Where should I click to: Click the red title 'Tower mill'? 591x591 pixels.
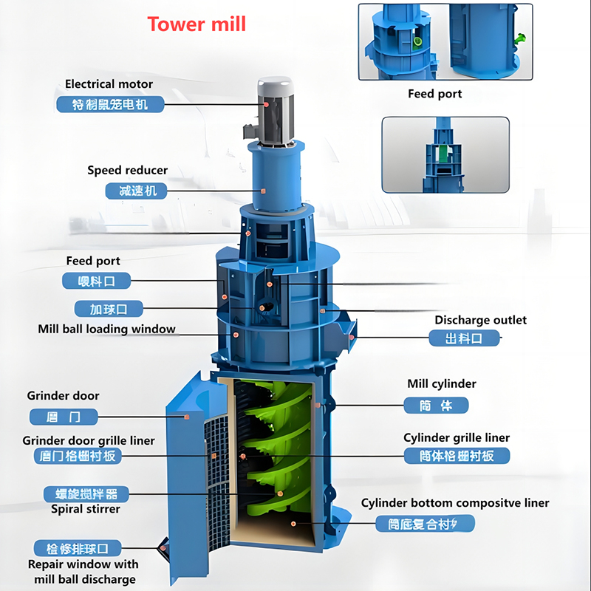(x=197, y=24)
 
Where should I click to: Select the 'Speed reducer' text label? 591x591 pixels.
(x=127, y=171)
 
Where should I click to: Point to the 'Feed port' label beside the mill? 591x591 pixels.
(x=93, y=261)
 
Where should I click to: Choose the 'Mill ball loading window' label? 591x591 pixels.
(x=106, y=329)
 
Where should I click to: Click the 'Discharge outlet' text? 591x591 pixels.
(x=480, y=320)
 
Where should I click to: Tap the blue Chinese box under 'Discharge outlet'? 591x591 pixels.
(x=464, y=339)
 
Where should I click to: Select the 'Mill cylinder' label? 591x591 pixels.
(x=442, y=384)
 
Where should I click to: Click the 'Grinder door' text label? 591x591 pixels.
(x=63, y=396)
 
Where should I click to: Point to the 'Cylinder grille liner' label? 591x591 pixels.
(x=457, y=438)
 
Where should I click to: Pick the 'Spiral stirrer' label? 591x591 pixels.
(x=85, y=508)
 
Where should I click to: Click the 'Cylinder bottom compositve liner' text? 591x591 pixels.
(x=455, y=503)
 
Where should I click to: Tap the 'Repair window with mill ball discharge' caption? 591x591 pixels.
(x=83, y=572)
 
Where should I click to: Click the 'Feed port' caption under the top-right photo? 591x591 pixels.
(x=434, y=94)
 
